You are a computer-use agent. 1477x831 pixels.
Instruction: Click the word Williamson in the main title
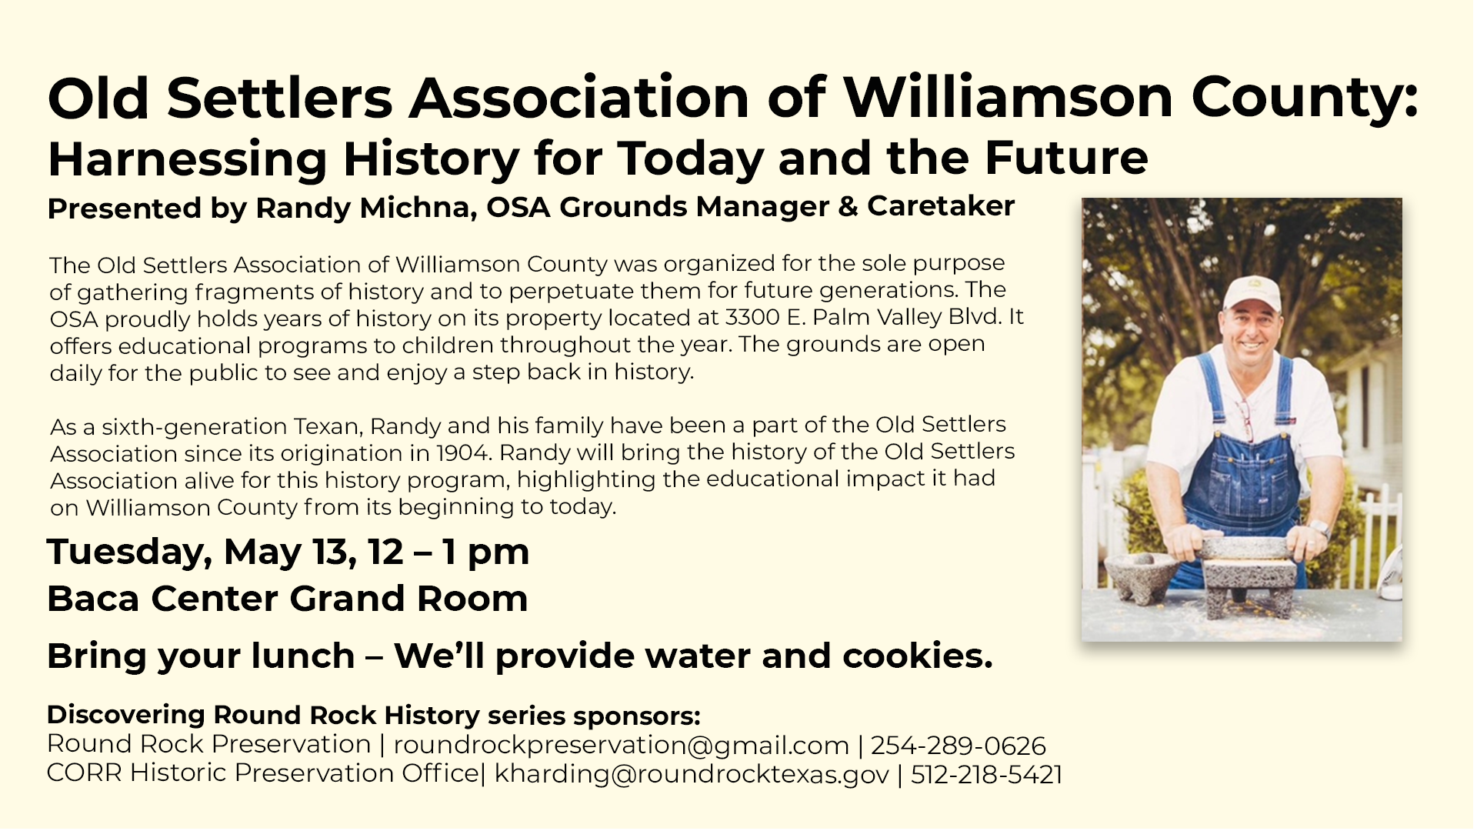point(1009,98)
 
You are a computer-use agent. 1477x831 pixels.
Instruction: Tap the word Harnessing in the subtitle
point(188,159)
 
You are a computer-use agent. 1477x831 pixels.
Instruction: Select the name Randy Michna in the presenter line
point(365,208)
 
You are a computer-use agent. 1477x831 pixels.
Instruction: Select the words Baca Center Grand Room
point(288,599)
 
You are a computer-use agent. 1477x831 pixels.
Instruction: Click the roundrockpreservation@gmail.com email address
point(622,745)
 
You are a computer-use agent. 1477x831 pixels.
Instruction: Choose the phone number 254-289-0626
point(959,746)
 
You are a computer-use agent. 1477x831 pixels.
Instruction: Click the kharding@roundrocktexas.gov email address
point(692,774)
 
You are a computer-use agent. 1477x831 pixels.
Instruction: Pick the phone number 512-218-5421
point(987,774)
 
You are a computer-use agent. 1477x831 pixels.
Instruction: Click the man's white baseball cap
point(1252,292)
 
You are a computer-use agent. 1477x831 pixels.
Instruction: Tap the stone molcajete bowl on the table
point(1141,574)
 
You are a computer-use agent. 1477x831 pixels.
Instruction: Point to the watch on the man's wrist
point(1319,529)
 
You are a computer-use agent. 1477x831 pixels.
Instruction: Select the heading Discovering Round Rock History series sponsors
point(374,716)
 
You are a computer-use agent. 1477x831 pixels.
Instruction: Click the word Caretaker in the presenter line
point(941,206)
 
